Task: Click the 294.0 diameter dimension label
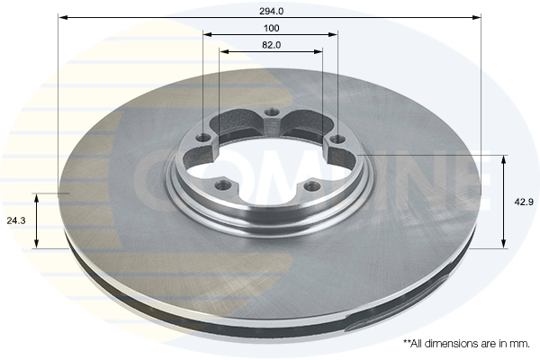[272, 12]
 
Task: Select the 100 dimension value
[272, 28]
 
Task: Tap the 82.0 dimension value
[272, 45]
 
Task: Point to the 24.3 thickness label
[16, 220]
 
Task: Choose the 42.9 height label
[524, 202]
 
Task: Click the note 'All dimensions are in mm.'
[466, 344]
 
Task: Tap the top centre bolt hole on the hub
[272, 112]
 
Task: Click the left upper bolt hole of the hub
[203, 139]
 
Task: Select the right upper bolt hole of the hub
[337, 139]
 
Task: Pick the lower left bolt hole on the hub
[221, 185]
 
